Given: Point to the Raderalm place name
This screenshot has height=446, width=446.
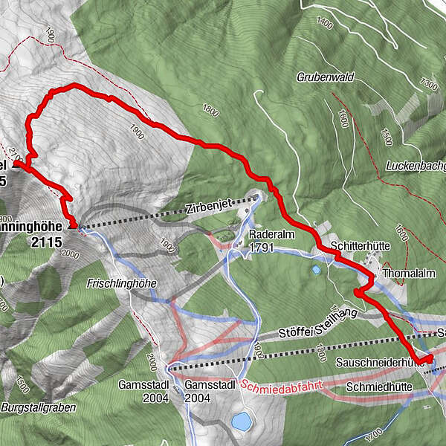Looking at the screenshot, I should click(266, 232).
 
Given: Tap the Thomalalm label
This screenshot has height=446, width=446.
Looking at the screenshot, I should click(406, 274).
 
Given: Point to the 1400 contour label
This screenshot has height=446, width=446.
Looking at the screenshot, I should click(325, 24).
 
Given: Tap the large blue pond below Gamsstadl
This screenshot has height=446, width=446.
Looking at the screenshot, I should click(241, 423).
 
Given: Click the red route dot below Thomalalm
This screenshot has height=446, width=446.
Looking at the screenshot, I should click(357, 294).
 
